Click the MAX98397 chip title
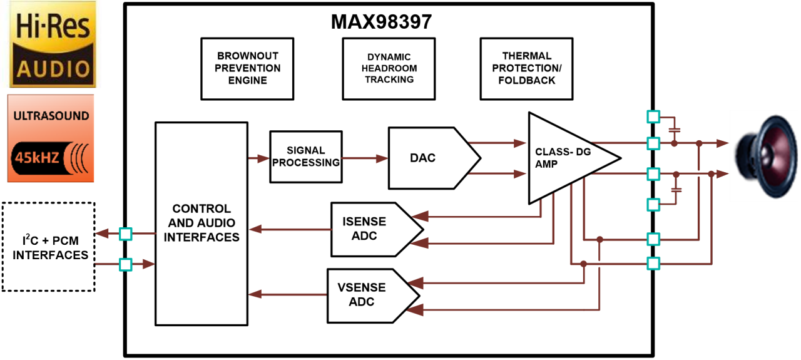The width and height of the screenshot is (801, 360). [x=381, y=22]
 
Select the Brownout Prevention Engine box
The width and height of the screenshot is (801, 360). [x=248, y=68]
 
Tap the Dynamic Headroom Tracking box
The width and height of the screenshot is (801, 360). [x=389, y=68]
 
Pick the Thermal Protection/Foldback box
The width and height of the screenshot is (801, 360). [x=527, y=68]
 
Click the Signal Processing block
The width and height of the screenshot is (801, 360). [x=305, y=157]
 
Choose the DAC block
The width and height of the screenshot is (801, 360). [x=422, y=158]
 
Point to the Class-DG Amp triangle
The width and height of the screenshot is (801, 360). [x=563, y=158]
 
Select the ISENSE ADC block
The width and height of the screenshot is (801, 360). [x=364, y=229]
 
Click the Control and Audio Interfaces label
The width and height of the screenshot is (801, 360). [x=202, y=223]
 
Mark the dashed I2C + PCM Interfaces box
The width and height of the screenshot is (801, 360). [x=48, y=247]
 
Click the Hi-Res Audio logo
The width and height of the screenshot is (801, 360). [x=53, y=44]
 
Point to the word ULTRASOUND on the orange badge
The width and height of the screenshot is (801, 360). [x=51, y=116]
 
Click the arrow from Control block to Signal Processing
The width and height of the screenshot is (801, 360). [x=258, y=158]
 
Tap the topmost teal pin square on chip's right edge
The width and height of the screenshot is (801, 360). [x=653, y=116]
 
